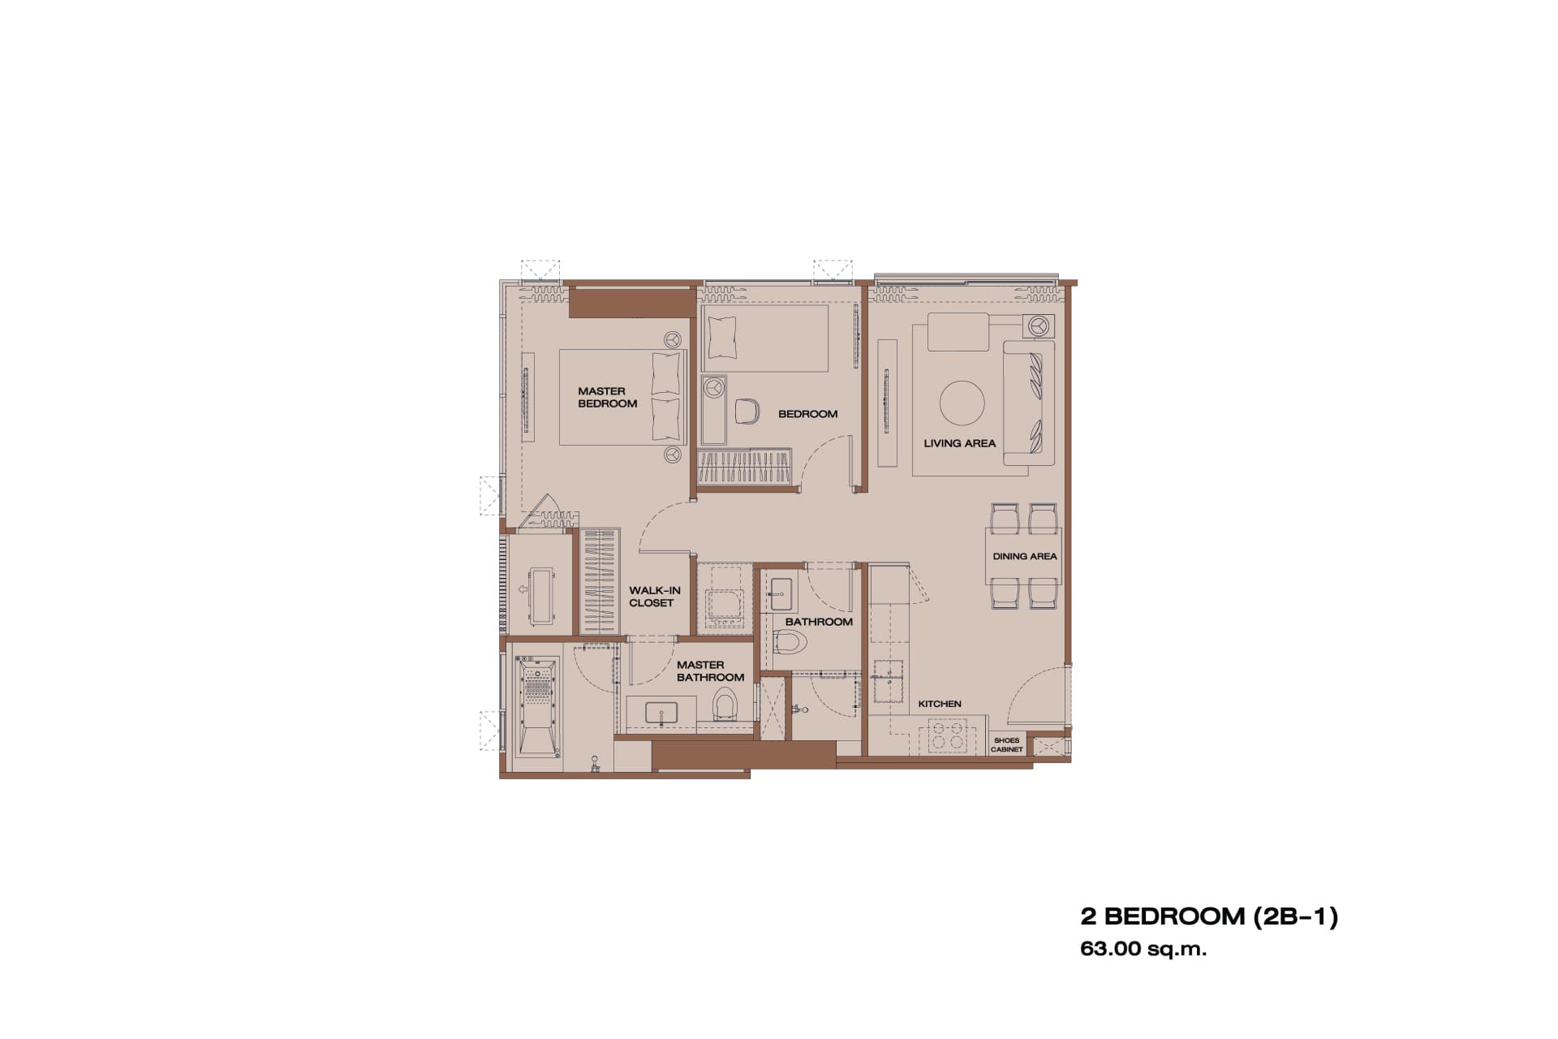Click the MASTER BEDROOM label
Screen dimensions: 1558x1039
click(x=607, y=397)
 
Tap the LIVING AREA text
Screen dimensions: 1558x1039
click(x=959, y=443)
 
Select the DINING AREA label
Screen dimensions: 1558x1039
click(x=1025, y=556)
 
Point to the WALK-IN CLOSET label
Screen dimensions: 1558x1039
click(x=654, y=597)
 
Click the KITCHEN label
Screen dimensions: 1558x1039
click(x=940, y=704)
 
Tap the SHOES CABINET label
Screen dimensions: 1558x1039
click(x=1007, y=744)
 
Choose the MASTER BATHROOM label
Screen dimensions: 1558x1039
click(x=710, y=670)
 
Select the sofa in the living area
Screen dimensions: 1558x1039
click(x=1029, y=403)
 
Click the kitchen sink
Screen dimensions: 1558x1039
click(x=890, y=680)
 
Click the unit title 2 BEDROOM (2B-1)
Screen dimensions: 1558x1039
click(x=1209, y=916)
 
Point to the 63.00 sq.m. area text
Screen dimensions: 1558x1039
click(x=1143, y=948)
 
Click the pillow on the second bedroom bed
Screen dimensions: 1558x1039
click(x=722, y=338)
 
